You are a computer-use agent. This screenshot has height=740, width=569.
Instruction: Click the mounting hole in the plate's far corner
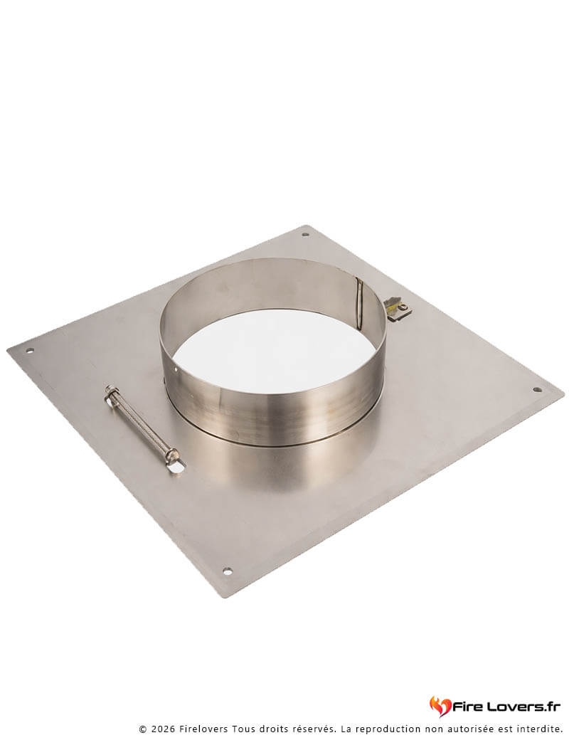305,234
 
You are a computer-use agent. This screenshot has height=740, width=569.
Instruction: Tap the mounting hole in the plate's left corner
30,351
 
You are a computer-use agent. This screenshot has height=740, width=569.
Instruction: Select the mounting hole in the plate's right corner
537,390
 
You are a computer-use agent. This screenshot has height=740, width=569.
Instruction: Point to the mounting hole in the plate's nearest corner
227,571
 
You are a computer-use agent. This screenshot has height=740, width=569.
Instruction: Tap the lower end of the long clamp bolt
173,456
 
